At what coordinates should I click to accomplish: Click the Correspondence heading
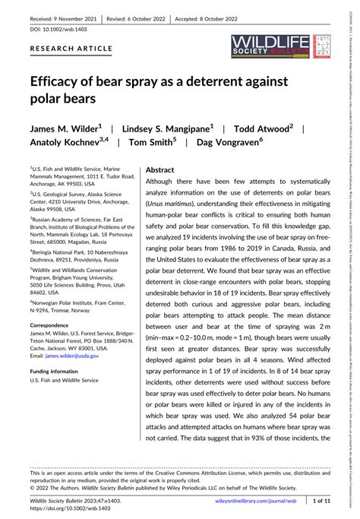54,302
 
